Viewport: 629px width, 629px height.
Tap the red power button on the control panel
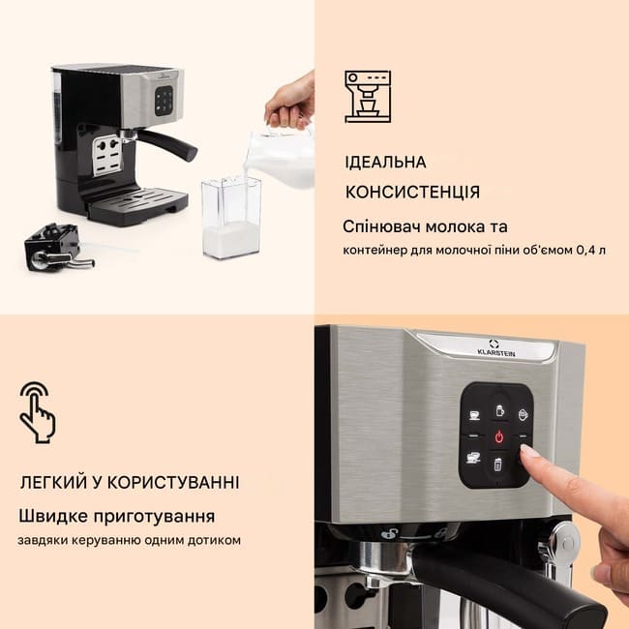tap(498, 436)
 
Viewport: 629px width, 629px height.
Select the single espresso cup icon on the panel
tap(474, 415)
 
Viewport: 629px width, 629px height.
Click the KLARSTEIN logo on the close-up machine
tap(495, 347)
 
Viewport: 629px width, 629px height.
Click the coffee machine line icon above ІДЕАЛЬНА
tap(368, 97)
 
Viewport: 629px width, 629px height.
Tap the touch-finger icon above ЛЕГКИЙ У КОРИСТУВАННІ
tap(38, 412)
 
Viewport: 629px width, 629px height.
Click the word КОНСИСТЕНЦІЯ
tap(412, 192)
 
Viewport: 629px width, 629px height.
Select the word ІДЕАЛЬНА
tap(385, 162)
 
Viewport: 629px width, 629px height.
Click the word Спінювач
tap(382, 227)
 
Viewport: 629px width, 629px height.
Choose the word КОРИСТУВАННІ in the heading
tap(173, 482)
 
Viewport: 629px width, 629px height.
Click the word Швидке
tap(53, 516)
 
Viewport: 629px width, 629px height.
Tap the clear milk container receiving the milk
tap(231, 218)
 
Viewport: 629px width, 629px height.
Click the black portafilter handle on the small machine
tap(169, 145)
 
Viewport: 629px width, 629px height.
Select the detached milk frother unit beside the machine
tap(56, 247)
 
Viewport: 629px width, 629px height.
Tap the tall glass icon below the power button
tap(497, 464)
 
